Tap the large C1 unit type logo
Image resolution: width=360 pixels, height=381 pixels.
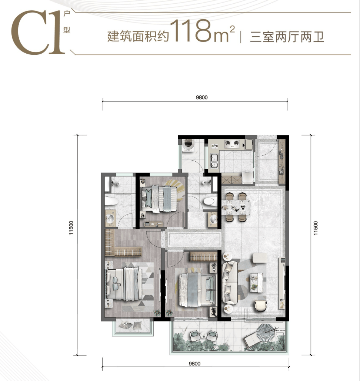tap(38, 32)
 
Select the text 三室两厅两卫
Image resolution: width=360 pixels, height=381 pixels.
tap(287, 37)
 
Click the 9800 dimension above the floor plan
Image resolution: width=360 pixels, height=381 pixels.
tap(201, 97)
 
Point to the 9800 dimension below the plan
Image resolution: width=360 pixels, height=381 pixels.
tap(194, 364)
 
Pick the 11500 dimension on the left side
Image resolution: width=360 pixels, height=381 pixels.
tap(71, 228)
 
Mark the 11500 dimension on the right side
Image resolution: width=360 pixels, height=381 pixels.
tap(316, 228)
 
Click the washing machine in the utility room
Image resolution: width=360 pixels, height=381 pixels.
tap(188, 145)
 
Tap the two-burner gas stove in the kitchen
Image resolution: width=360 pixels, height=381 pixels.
tap(232, 144)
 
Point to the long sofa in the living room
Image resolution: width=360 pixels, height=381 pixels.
tap(230, 283)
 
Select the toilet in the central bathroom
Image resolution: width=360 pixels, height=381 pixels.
tap(210, 202)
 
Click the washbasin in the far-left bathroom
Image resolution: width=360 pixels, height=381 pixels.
tap(110, 219)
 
